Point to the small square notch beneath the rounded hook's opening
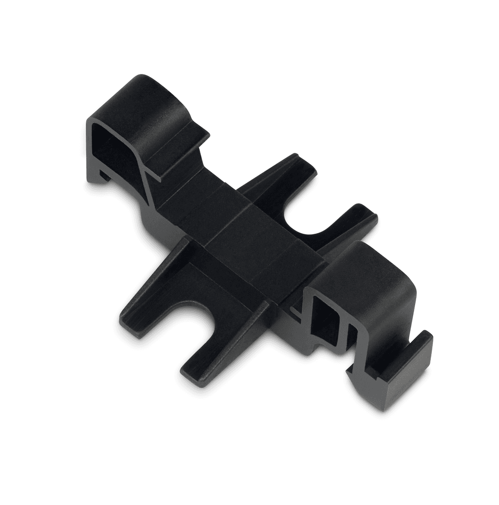pyautogui.click(x=103, y=174)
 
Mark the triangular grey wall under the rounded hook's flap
pyautogui.click(x=148, y=197)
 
